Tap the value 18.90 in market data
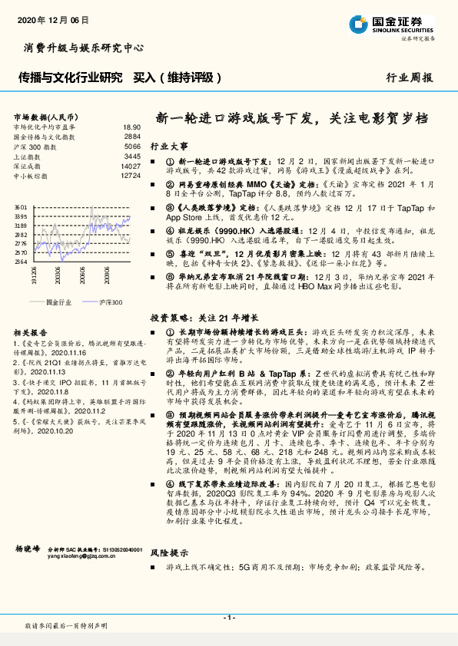coord(131,127)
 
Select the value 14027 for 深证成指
coord(130,166)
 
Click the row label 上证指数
coord(28,156)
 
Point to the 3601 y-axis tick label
coord(20,207)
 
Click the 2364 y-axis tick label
coord(20,262)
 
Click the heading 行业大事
coord(168,145)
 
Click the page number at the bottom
coord(228,617)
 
